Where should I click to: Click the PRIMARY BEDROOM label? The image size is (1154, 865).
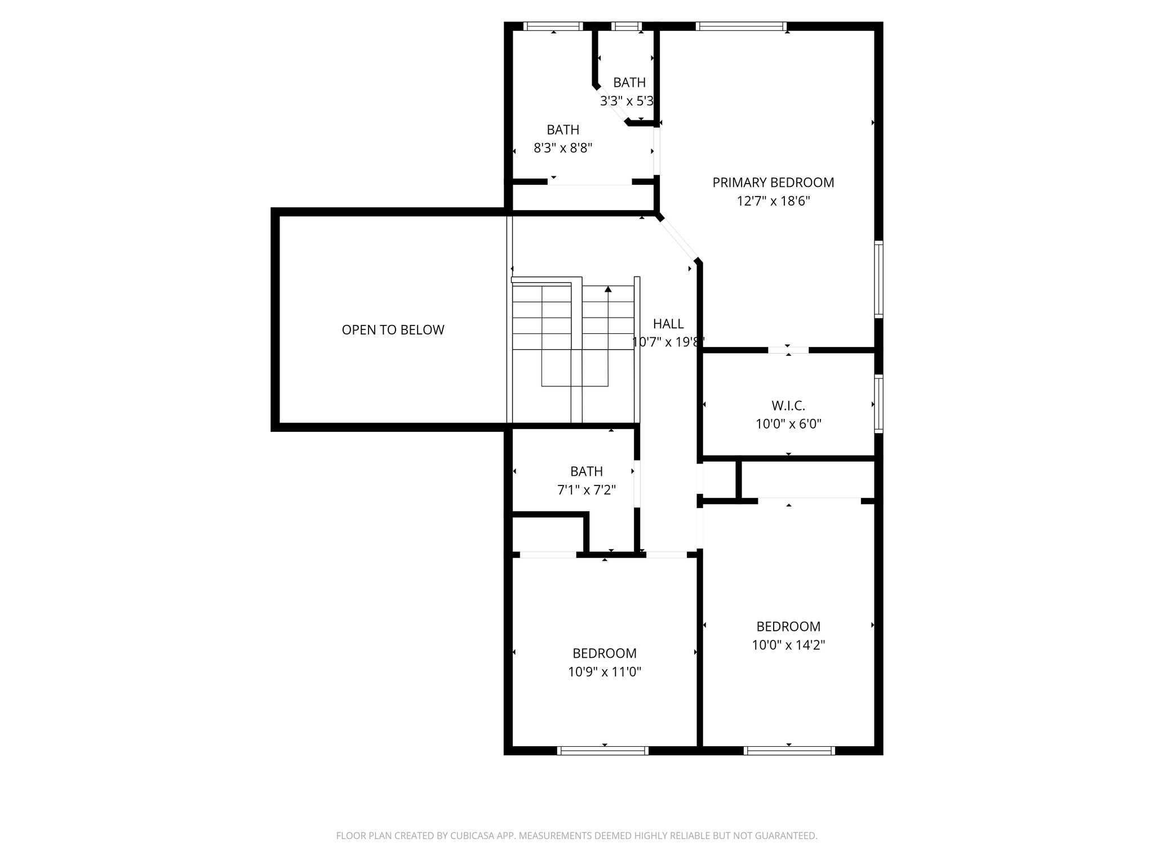(773, 182)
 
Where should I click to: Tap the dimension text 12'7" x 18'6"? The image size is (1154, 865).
(773, 201)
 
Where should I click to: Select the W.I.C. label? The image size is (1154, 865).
(788, 405)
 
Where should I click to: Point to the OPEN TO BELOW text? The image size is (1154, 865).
(393, 330)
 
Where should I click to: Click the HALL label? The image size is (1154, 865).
(668, 324)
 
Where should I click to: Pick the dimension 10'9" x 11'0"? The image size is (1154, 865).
(605, 672)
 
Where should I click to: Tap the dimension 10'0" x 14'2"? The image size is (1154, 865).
(788, 645)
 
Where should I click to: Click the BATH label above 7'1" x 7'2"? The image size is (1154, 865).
(587, 471)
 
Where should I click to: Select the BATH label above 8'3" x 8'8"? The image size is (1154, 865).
(563, 130)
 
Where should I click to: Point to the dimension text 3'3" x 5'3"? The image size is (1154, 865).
(627, 101)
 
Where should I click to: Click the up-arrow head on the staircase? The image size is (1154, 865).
(608, 289)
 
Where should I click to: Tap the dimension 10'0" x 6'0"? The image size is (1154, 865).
(788, 424)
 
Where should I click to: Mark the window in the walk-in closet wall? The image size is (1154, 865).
(878, 404)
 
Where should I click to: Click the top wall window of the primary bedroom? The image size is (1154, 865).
(741, 26)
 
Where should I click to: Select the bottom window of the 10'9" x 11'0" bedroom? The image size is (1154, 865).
(603, 750)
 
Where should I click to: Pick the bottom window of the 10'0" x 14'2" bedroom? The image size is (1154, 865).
(789, 750)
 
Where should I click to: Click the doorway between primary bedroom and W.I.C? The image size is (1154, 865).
(788, 350)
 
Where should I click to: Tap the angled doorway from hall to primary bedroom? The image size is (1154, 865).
(678, 239)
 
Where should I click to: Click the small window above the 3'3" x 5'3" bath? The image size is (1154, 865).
(627, 26)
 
